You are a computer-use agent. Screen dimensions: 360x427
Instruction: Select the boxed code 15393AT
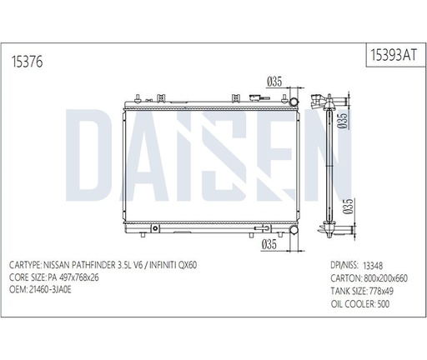pos(391,55)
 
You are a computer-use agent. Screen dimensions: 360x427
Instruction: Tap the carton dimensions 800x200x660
pos(384,276)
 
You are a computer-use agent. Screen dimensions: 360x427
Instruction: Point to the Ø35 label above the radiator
pos(274,81)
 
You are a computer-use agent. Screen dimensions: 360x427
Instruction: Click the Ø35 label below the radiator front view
pos(269,243)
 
